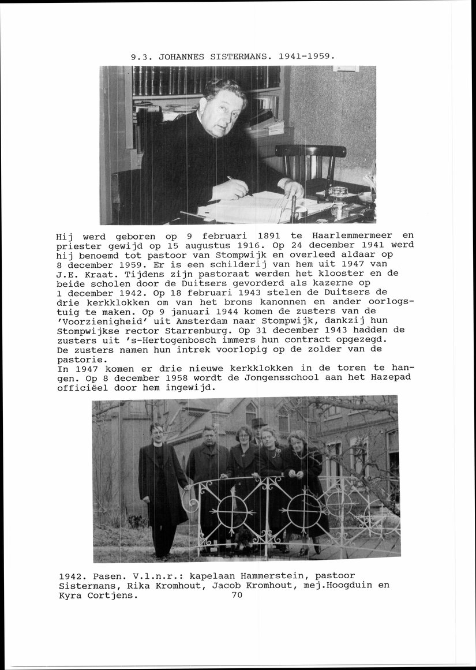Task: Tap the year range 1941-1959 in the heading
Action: tap(307, 57)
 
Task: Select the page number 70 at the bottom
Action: tap(237, 595)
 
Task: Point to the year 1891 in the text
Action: tap(269, 236)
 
